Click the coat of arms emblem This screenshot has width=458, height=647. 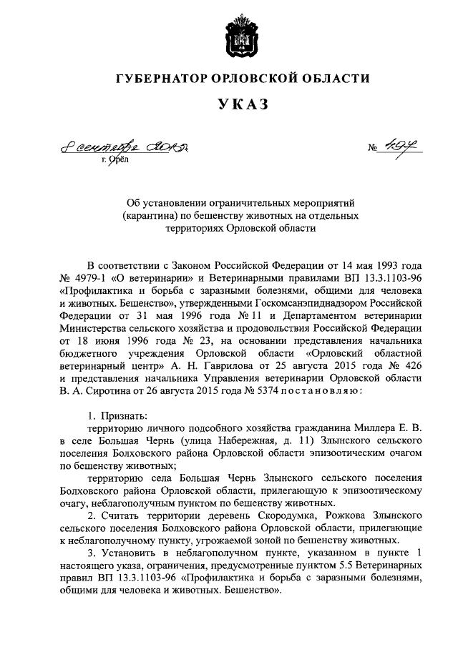coord(228,29)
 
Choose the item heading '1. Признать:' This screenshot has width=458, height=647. coord(114,415)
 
